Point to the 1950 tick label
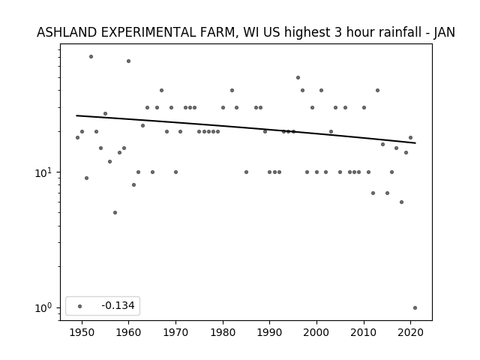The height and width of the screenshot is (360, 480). point(82,333)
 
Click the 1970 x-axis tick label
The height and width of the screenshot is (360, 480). point(175,333)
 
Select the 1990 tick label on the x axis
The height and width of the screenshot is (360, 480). point(270,333)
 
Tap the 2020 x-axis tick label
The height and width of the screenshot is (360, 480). point(411,333)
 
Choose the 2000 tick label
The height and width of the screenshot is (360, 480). point(316,333)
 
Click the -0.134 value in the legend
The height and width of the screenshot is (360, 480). point(118,305)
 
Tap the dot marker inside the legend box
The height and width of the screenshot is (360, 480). point(80,306)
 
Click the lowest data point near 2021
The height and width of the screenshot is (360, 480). point(415,308)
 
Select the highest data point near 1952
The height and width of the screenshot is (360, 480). point(91,57)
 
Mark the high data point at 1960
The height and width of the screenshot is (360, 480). point(128,61)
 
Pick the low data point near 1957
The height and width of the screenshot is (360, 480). point(115,213)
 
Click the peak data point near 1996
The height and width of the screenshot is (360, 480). point(298,78)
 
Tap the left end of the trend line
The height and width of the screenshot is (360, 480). point(76,115)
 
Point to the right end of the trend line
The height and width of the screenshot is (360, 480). point(415,143)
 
